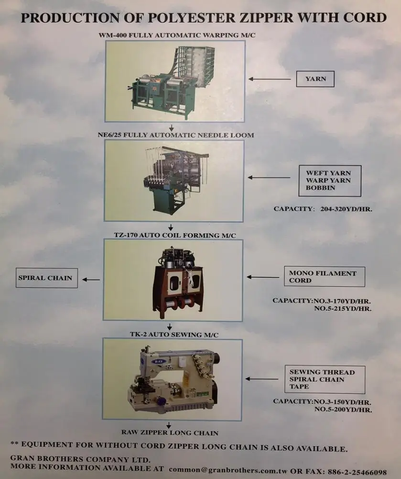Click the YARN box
point(315,79)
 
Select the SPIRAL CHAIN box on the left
point(47,278)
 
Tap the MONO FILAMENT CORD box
point(325,276)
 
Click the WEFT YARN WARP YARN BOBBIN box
point(330,181)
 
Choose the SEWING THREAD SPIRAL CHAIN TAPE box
point(325,379)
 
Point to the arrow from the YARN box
point(270,79)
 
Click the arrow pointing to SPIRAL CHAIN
point(91,279)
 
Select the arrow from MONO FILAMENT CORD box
point(263,277)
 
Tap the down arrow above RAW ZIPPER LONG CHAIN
point(169,425)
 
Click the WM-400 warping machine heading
point(177,35)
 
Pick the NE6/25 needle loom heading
point(176,135)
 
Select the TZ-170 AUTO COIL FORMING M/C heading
point(175,235)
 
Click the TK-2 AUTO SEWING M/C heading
point(174,334)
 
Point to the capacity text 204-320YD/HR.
point(346,209)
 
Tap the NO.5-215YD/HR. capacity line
point(343,308)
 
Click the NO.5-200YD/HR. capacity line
point(343,410)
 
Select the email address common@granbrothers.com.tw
point(228,470)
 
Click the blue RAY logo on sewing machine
point(159,362)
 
